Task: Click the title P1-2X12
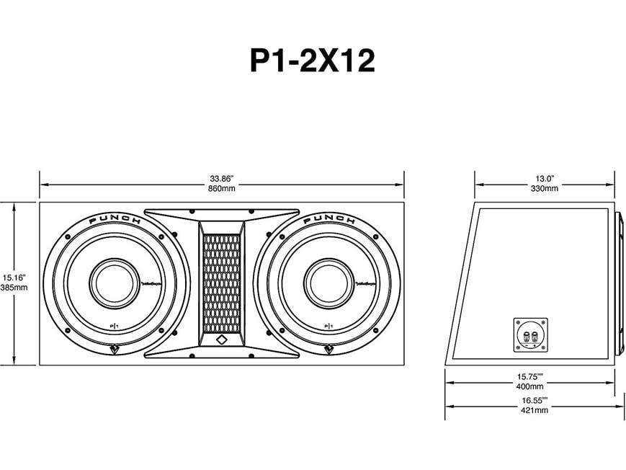[312, 61]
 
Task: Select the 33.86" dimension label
[222, 177]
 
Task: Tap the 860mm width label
[222, 189]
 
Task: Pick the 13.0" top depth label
[544, 177]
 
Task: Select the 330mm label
[544, 189]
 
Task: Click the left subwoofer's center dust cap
[112, 280]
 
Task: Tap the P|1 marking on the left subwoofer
[114, 327]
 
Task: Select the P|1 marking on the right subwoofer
[328, 327]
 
